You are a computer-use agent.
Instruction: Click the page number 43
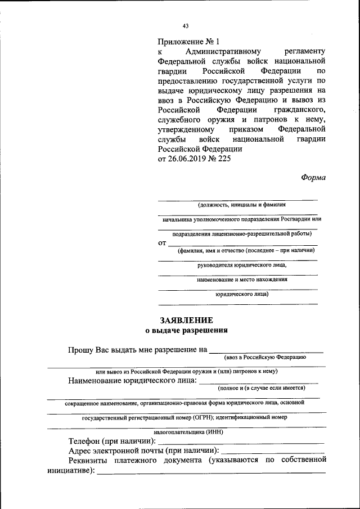(x=186, y=25)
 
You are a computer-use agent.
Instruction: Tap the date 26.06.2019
(x=190, y=159)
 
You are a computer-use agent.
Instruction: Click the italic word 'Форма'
(x=313, y=177)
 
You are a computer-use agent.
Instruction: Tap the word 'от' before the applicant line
(x=163, y=243)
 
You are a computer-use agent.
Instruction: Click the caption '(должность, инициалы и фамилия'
(x=237, y=205)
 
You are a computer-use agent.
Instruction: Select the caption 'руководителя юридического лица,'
(x=237, y=264)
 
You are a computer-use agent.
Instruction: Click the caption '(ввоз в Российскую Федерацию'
(x=264, y=357)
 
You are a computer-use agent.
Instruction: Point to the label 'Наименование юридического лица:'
(x=132, y=381)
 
